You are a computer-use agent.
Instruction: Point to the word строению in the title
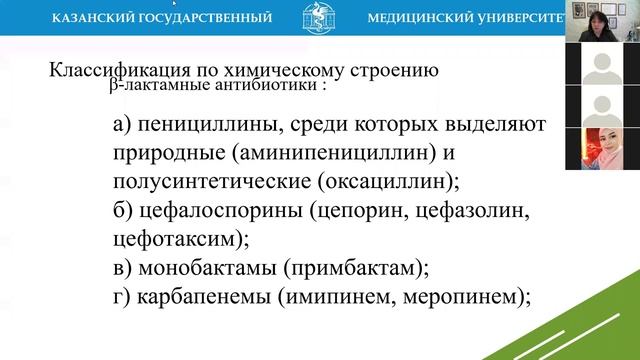(397, 71)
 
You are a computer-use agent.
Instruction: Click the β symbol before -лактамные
(114, 87)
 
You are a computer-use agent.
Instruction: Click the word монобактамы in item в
(205, 268)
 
